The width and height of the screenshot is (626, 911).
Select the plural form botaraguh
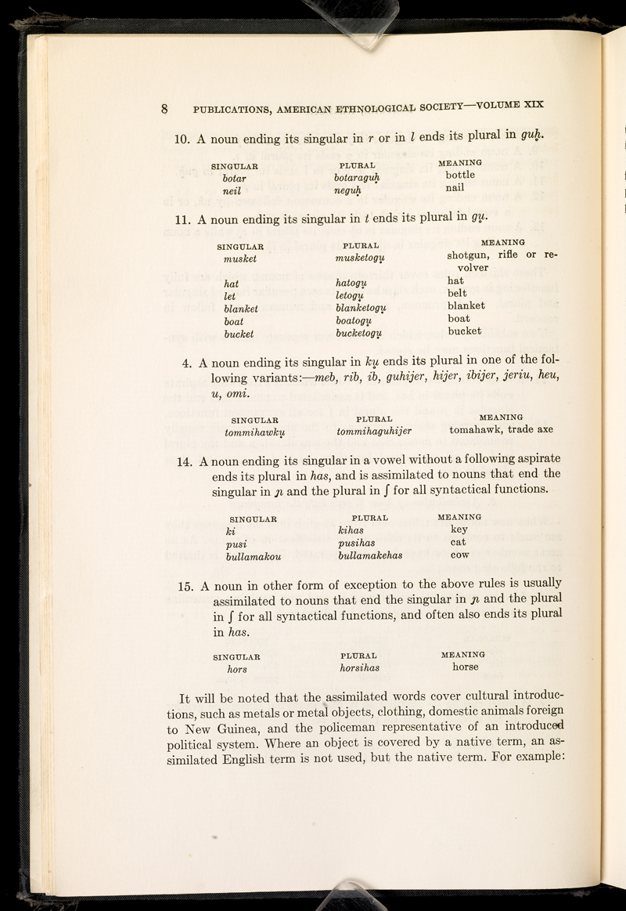coord(361,179)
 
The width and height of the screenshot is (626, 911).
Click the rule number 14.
coord(187,459)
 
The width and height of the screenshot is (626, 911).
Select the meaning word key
coord(460,530)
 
